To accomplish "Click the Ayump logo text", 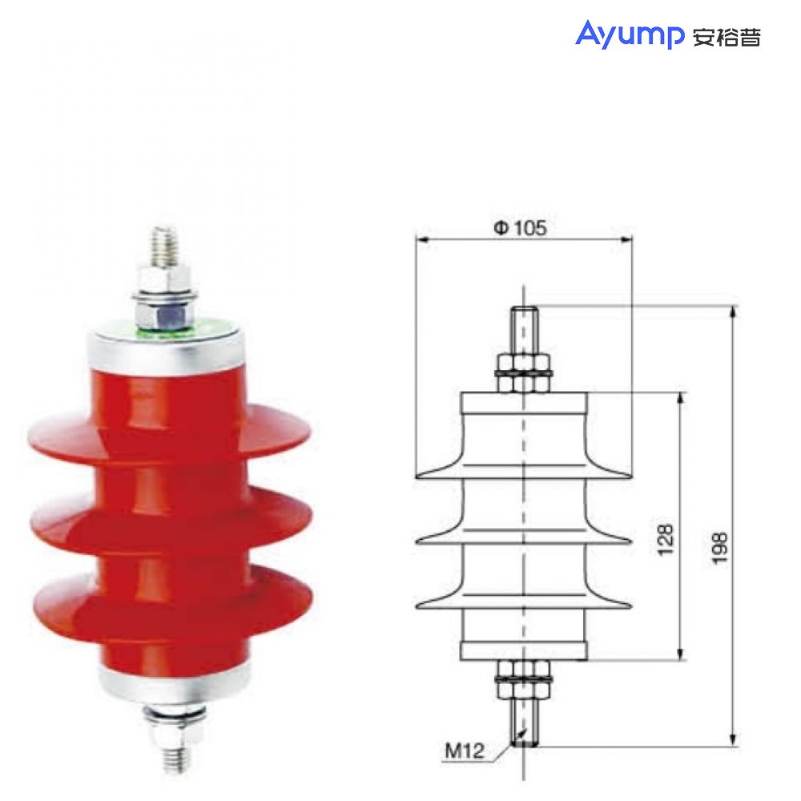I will click(x=629, y=35).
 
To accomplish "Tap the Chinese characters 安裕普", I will click(x=726, y=37).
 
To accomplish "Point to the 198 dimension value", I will click(x=720, y=548).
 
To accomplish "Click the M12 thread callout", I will click(x=465, y=751).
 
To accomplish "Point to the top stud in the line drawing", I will click(x=524, y=328).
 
